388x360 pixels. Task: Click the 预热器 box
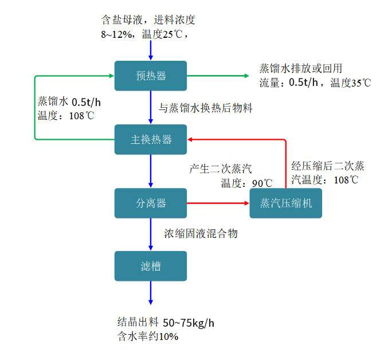pyautogui.click(x=151, y=76)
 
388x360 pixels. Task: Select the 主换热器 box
pyautogui.click(x=151, y=139)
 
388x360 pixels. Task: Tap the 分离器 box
pyautogui.click(x=151, y=203)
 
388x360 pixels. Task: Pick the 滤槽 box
pyautogui.click(x=151, y=266)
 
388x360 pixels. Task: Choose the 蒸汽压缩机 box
pyautogui.click(x=285, y=203)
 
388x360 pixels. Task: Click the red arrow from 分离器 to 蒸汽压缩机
pyautogui.click(x=218, y=203)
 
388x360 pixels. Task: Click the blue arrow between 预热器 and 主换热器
pyautogui.click(x=151, y=107)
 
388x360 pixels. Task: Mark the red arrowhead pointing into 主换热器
pyautogui.click(x=191, y=139)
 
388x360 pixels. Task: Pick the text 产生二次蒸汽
pyautogui.click(x=221, y=170)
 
